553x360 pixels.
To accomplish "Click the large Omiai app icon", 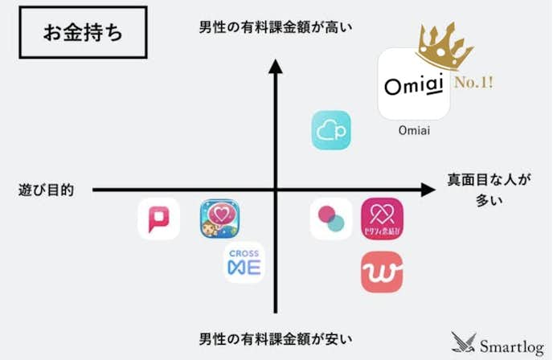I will pos(413,84).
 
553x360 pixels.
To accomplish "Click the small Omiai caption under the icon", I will pos(414,131).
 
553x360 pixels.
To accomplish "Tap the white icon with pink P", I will pos(158,219).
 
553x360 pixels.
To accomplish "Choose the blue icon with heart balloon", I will pos(220,219).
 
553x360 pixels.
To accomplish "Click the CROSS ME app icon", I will pos(244,262).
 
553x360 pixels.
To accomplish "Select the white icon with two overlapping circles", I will pos(330,219).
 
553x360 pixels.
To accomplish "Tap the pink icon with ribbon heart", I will pos(382,219).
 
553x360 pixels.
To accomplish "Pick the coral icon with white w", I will pos(382,272).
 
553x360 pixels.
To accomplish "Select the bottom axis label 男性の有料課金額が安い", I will pos(276,336).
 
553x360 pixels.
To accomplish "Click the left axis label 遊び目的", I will pos(47,190).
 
